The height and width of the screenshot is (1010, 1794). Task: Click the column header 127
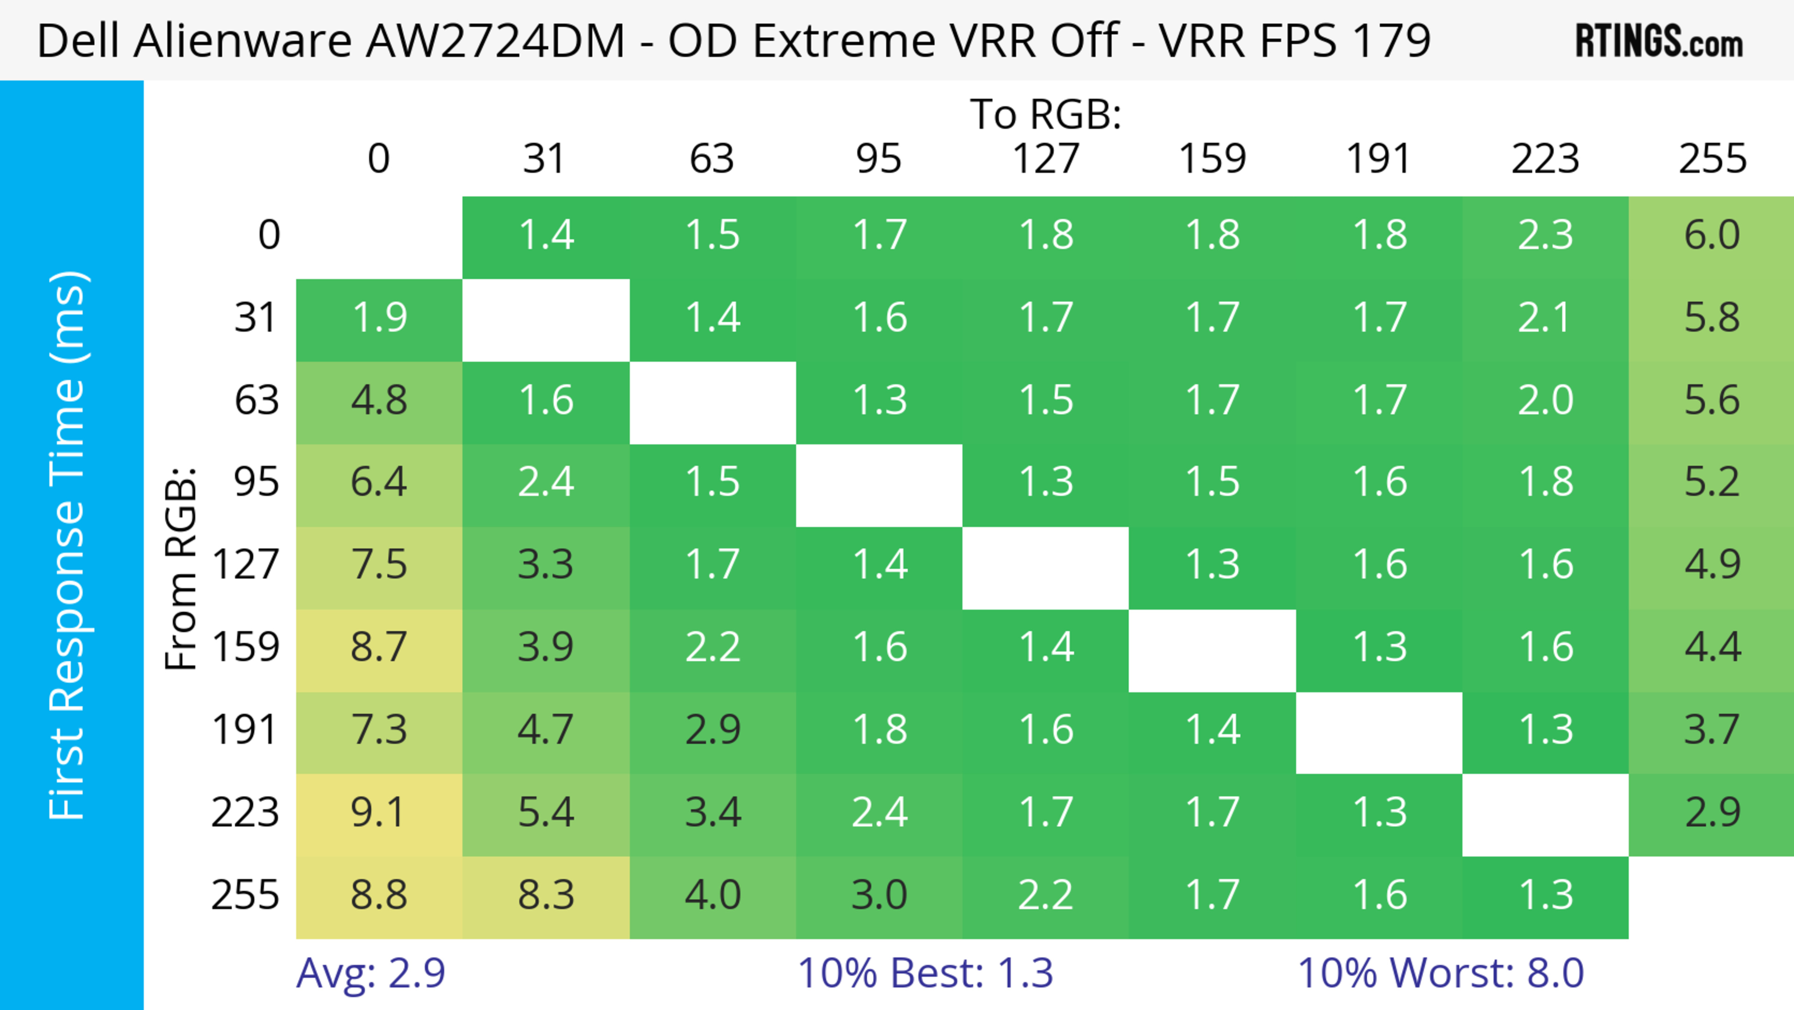(x=1046, y=159)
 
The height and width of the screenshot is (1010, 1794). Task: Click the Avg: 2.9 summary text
(x=370, y=973)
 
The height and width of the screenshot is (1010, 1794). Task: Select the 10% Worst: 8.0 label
(x=1440, y=973)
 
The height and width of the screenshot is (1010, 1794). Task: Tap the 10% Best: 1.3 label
(x=925, y=973)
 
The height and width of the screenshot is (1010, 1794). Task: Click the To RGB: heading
(x=1046, y=114)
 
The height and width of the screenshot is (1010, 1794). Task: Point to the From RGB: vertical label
(x=181, y=568)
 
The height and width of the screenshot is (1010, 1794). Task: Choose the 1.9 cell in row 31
(x=379, y=318)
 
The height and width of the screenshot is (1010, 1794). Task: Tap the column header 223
(x=1545, y=159)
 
